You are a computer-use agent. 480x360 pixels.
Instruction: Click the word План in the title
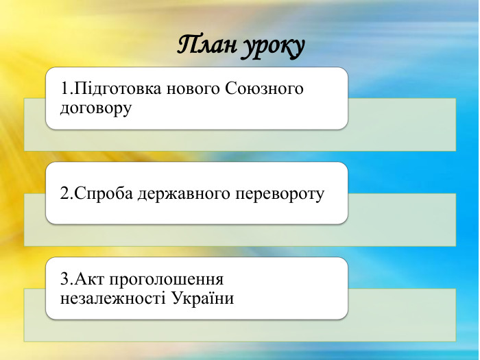point(206,46)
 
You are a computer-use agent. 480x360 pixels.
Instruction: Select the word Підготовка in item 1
point(112,89)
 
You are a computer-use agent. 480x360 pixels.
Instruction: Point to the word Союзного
point(264,89)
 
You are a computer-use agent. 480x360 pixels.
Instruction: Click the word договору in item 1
point(96,108)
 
